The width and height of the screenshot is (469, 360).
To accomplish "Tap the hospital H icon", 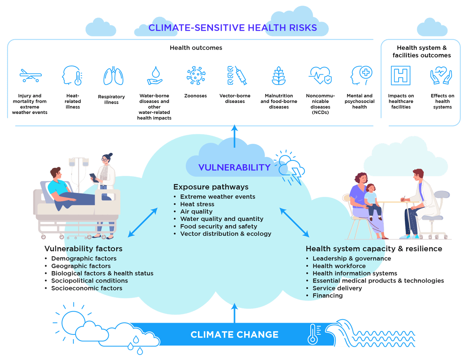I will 400,75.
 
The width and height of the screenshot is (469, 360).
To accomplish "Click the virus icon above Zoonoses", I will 196,75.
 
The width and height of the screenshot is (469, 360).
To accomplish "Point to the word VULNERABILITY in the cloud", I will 234,167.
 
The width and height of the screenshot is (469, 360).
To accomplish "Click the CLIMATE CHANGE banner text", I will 234,335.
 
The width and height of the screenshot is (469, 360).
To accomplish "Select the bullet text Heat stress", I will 197,204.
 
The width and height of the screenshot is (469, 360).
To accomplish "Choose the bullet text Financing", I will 327,296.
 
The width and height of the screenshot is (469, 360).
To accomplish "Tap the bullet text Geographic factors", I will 81,266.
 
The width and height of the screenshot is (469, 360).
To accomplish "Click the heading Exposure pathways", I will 211,187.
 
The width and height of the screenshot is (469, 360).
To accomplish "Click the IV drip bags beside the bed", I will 79,162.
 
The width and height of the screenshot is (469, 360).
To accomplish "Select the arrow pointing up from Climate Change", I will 234,312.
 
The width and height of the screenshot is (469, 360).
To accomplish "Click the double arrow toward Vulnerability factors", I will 143,222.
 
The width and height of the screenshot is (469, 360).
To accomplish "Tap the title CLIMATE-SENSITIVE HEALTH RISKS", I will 232,28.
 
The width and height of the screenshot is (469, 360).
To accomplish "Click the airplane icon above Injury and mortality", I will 30,75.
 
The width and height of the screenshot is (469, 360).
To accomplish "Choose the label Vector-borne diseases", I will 235,99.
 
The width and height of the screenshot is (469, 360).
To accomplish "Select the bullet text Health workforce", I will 339,266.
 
